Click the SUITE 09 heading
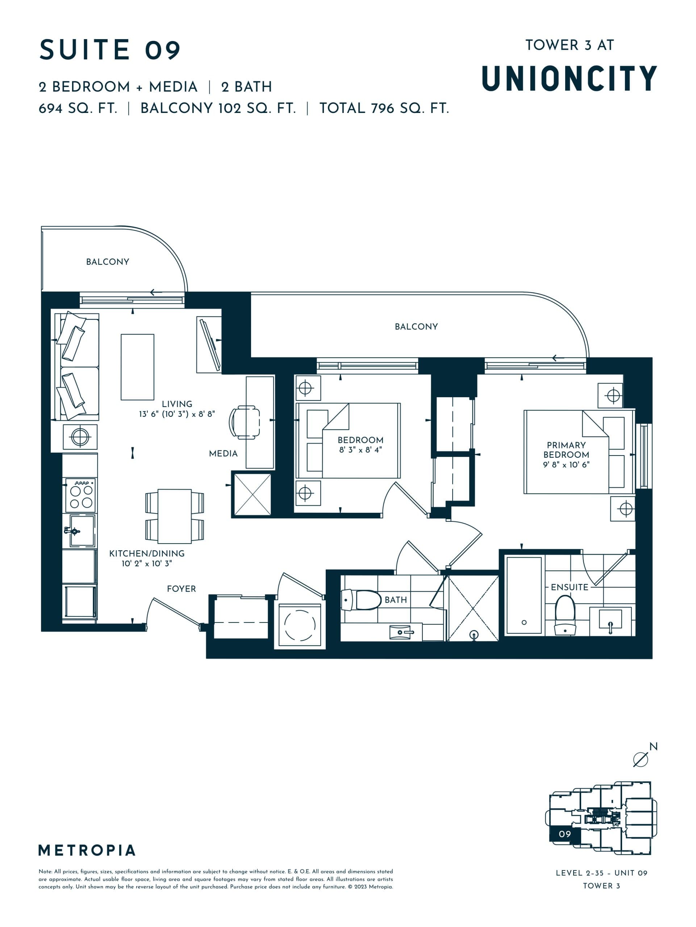110,50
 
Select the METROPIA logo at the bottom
87,850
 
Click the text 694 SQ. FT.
78,109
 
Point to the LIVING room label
177,404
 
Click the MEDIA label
223,453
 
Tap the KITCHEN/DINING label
147,553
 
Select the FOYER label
181,589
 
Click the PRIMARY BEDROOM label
566,450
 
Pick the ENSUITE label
570,587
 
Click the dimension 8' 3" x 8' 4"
360,450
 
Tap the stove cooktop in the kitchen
81,495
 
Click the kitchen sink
82,531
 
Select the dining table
174,516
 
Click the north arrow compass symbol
640,759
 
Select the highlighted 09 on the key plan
564,834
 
